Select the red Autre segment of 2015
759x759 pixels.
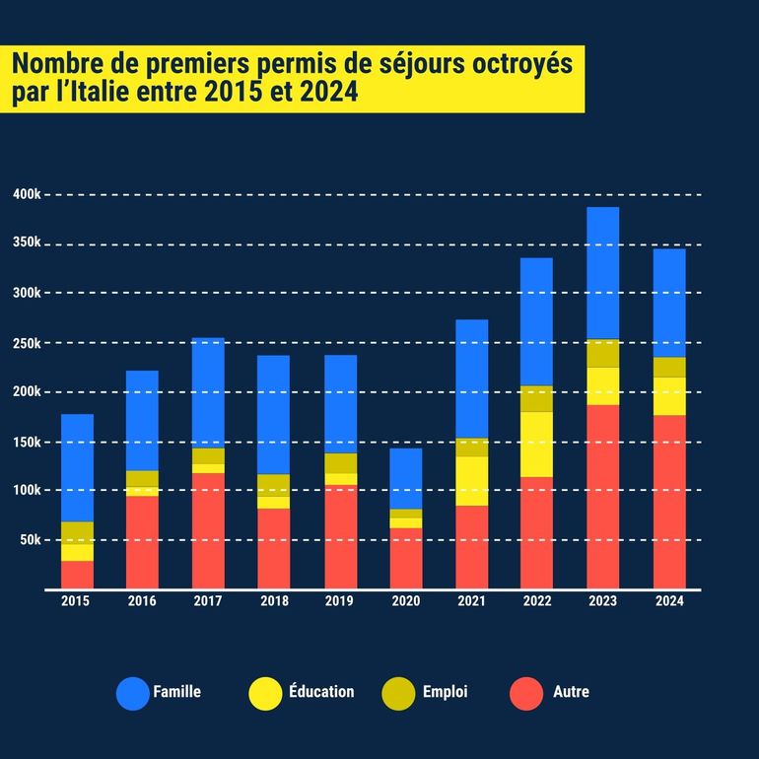pyautogui.click(x=77, y=575)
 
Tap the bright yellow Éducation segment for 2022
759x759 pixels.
pyautogui.click(x=536, y=445)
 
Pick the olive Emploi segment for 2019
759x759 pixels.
pyautogui.click(x=341, y=463)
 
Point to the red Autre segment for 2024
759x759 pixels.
pyautogui.click(x=669, y=502)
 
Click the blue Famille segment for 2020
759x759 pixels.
pyautogui.click(x=406, y=478)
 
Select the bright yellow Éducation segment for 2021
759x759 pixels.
pyautogui.click(x=471, y=481)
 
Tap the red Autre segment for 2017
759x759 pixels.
pyautogui.click(x=208, y=530)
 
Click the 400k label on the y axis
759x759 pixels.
pyautogui.click(x=27, y=194)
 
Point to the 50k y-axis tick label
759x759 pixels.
pyautogui.click(x=30, y=540)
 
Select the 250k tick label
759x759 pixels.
pyautogui.click(x=27, y=343)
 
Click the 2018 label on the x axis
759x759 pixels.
pyautogui.click(x=274, y=601)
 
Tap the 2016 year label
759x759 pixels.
pyautogui.click(x=142, y=601)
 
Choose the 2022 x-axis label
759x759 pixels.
pyautogui.click(x=536, y=601)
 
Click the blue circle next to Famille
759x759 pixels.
pyautogui.click(x=132, y=693)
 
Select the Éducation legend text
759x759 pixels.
pyautogui.click(x=321, y=692)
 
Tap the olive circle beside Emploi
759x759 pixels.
pyautogui.click(x=397, y=693)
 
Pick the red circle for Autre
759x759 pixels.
pyautogui.click(x=526, y=693)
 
